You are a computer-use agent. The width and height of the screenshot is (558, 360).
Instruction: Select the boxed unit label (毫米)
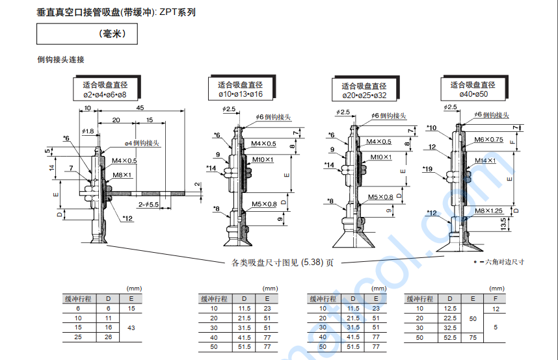(x=87, y=34)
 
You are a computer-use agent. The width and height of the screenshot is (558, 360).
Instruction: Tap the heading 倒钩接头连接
(x=61, y=60)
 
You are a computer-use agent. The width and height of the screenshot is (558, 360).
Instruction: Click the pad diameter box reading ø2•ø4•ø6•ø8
(x=105, y=90)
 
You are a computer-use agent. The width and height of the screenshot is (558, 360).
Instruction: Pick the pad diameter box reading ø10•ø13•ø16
(x=240, y=90)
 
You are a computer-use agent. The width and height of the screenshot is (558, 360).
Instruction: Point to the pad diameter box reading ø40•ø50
(x=473, y=90)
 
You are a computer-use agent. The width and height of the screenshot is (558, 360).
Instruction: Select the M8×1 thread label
(x=122, y=175)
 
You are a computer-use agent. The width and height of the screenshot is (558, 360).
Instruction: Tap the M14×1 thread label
(x=485, y=161)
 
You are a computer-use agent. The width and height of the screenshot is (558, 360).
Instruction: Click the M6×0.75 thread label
(x=488, y=140)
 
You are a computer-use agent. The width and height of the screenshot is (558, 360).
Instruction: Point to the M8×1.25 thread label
(x=488, y=211)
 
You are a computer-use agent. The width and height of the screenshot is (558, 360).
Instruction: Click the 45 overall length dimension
(x=140, y=109)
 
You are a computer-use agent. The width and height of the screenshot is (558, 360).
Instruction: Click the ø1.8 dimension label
(x=88, y=131)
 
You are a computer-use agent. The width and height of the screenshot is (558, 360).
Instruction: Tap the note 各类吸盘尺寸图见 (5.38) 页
(x=283, y=263)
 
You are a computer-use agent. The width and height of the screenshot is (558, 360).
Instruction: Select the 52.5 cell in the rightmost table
(x=450, y=338)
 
